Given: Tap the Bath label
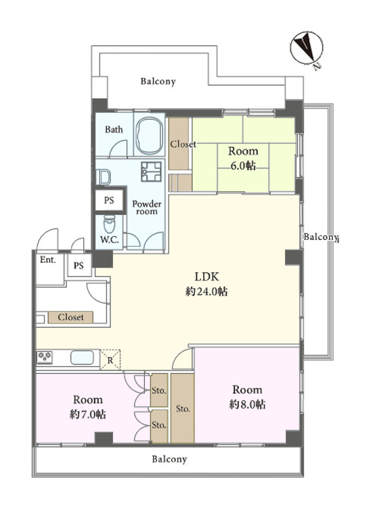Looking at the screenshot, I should (x=113, y=130).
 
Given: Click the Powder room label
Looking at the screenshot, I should (x=145, y=207).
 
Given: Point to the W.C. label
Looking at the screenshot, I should (x=110, y=239).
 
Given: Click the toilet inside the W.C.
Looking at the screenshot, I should (x=110, y=222).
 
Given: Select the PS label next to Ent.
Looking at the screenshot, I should (x=79, y=266).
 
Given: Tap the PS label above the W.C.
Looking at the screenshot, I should (x=109, y=200).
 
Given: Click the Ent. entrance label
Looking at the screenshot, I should (x=47, y=260).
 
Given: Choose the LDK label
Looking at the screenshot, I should (x=207, y=276).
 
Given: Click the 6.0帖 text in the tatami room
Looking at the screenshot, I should (x=242, y=166).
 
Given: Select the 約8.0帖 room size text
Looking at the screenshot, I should (x=247, y=404).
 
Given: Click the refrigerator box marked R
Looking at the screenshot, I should (x=110, y=360).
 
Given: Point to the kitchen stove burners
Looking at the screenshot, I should (x=45, y=357).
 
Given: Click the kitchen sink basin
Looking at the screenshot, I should (x=81, y=357).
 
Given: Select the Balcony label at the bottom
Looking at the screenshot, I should (x=169, y=459).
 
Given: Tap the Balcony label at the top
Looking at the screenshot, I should (x=158, y=82).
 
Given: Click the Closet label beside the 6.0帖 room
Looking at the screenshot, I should (x=183, y=145).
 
